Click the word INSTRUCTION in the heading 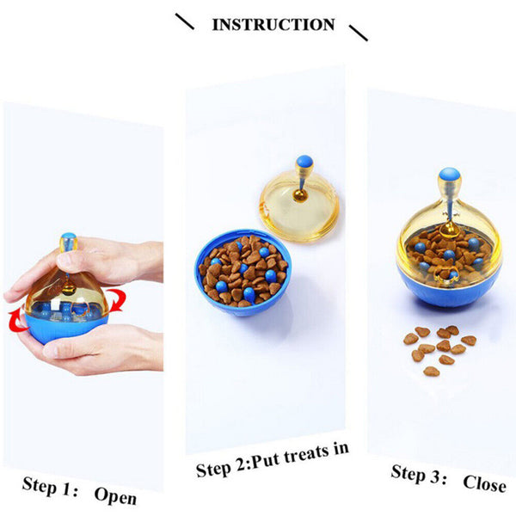[273, 24]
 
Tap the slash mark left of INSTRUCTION [184, 21]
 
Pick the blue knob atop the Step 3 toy [447, 175]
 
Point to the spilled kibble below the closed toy [439, 348]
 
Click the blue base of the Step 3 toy [447, 288]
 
